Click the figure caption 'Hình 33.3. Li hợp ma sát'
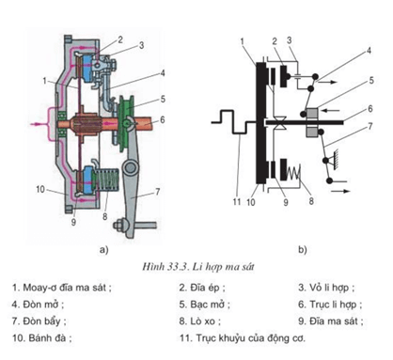198,267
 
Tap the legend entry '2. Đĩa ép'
202,288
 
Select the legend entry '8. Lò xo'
200,321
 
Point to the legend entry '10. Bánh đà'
42,338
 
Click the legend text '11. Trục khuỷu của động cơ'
243,338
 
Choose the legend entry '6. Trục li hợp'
330,305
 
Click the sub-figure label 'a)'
103,250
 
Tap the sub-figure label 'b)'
303,250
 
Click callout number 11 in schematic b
237,201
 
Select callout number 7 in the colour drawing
157,192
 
